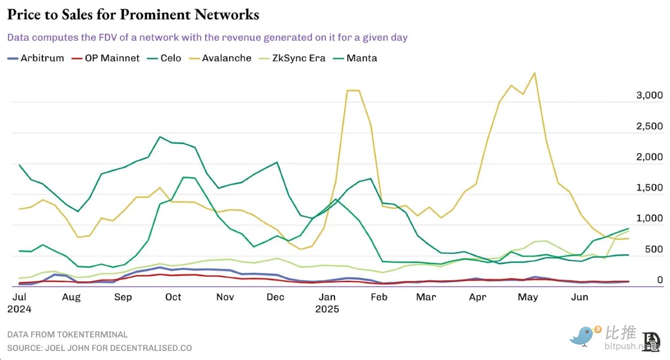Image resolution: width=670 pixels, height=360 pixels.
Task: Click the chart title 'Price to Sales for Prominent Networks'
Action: (133, 14)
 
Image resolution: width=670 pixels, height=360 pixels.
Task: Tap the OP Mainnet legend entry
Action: (106, 58)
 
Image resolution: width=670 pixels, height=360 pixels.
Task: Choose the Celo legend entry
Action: (164, 58)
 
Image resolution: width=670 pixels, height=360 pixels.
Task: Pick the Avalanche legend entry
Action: (220, 58)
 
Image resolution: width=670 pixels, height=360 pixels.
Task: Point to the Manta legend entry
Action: (355, 58)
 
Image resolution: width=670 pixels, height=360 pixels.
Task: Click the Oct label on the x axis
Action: (173, 297)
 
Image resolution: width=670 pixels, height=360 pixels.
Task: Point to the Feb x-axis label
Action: (379, 297)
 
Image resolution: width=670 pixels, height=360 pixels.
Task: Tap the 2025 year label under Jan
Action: (327, 309)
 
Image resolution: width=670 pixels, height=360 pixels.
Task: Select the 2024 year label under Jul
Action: (19, 309)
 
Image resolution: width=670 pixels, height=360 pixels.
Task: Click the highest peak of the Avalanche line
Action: (534, 73)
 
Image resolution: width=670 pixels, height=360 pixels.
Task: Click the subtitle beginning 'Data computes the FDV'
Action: (207, 37)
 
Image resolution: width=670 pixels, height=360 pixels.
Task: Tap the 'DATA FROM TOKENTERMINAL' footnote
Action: (68, 334)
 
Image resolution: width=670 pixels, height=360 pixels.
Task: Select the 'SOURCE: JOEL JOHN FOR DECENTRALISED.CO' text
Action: (99, 348)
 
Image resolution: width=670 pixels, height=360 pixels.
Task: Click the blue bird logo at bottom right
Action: (585, 336)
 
